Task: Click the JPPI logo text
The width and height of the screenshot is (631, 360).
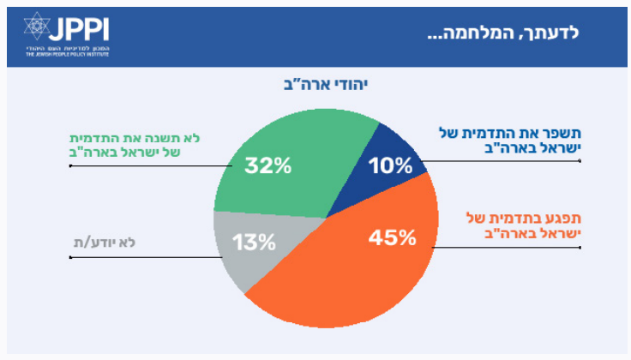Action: (82, 30)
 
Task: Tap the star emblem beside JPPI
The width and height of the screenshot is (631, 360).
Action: (37, 29)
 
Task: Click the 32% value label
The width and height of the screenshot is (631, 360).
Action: (267, 165)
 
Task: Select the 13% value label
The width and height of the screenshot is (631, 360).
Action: (254, 242)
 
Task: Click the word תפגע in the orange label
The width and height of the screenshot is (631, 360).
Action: (561, 215)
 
